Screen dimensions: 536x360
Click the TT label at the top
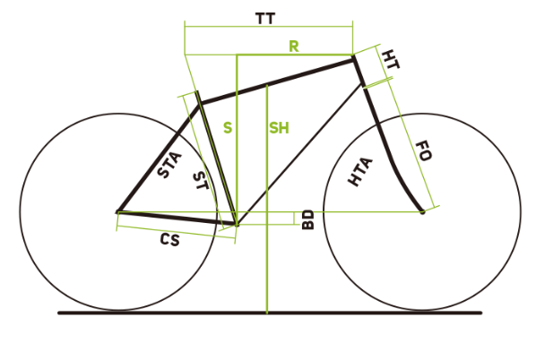point(265,19)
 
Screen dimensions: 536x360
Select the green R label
point(294,46)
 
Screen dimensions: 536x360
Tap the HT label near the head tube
point(390,59)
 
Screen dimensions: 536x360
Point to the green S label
point(228,128)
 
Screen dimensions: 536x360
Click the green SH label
point(279,128)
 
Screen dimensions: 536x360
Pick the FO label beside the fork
point(424,151)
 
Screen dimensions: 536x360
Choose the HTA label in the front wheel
point(360,172)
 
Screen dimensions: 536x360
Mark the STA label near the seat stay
point(169,165)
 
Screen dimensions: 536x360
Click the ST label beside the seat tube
point(200,181)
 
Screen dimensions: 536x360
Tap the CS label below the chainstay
point(170,239)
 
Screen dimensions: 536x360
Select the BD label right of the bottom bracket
point(308,219)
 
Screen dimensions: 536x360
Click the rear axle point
point(117,212)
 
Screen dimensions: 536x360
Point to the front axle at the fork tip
point(422,212)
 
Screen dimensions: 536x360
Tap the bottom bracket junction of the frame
point(237,225)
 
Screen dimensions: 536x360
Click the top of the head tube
point(353,58)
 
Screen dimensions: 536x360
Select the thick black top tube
point(277,81)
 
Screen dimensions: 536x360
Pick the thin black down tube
point(299,154)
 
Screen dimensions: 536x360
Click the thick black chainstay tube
point(177,219)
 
